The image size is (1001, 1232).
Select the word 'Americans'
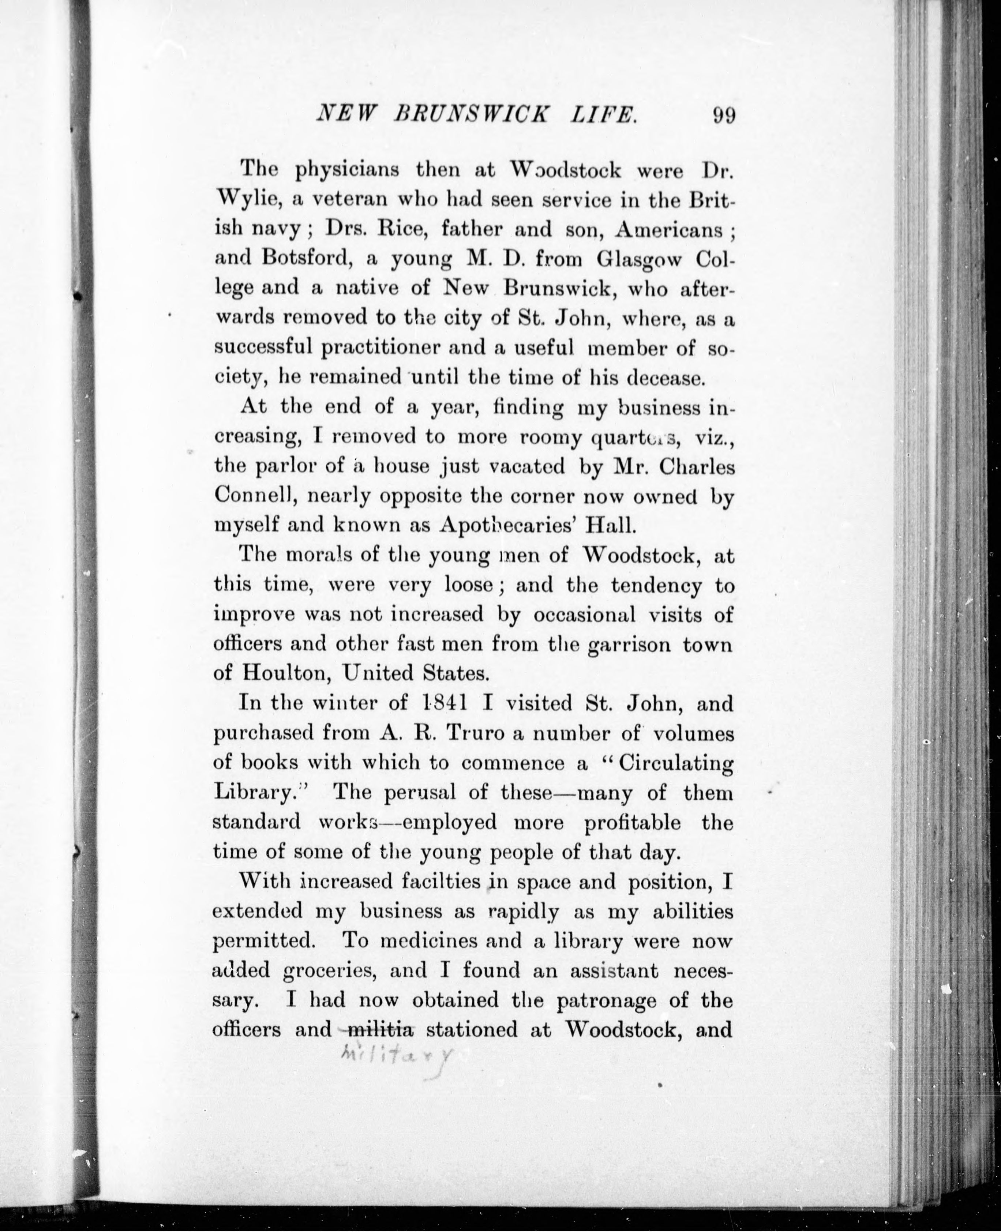pyautogui.click(x=669, y=229)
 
